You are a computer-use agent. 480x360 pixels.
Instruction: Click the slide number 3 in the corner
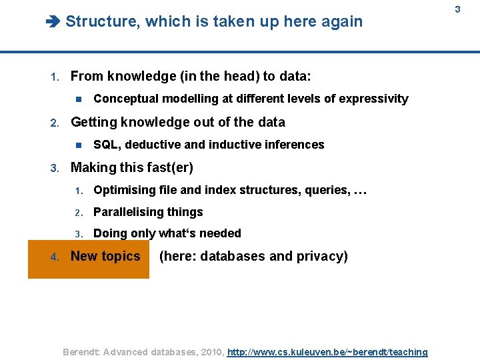(x=458, y=9)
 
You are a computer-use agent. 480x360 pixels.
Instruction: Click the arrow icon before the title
(x=53, y=22)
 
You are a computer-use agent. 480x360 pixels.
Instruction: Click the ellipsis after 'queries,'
(x=360, y=191)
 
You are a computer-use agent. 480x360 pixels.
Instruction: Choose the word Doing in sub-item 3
(x=109, y=233)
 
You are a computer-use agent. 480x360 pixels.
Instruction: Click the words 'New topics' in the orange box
(x=105, y=257)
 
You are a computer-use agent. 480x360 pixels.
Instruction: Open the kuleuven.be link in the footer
(x=327, y=352)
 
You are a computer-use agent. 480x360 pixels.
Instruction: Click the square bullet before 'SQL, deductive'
(x=78, y=145)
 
